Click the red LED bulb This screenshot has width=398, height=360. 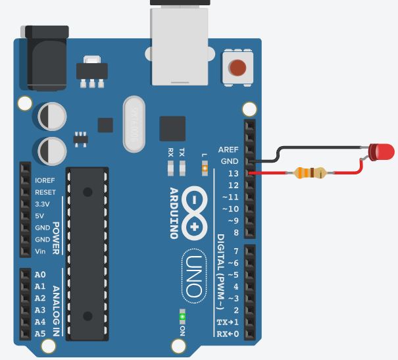(x=382, y=152)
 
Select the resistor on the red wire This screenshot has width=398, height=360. (x=310, y=173)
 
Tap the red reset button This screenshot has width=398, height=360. (x=237, y=67)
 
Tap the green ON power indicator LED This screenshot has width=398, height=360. (x=182, y=317)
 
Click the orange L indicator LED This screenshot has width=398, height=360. (x=205, y=168)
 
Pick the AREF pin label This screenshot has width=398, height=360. (x=228, y=149)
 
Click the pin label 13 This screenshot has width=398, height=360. (x=232, y=174)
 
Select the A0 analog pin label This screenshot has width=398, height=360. (x=40, y=274)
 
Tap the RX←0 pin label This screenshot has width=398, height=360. (x=228, y=334)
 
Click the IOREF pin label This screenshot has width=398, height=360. (x=45, y=180)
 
